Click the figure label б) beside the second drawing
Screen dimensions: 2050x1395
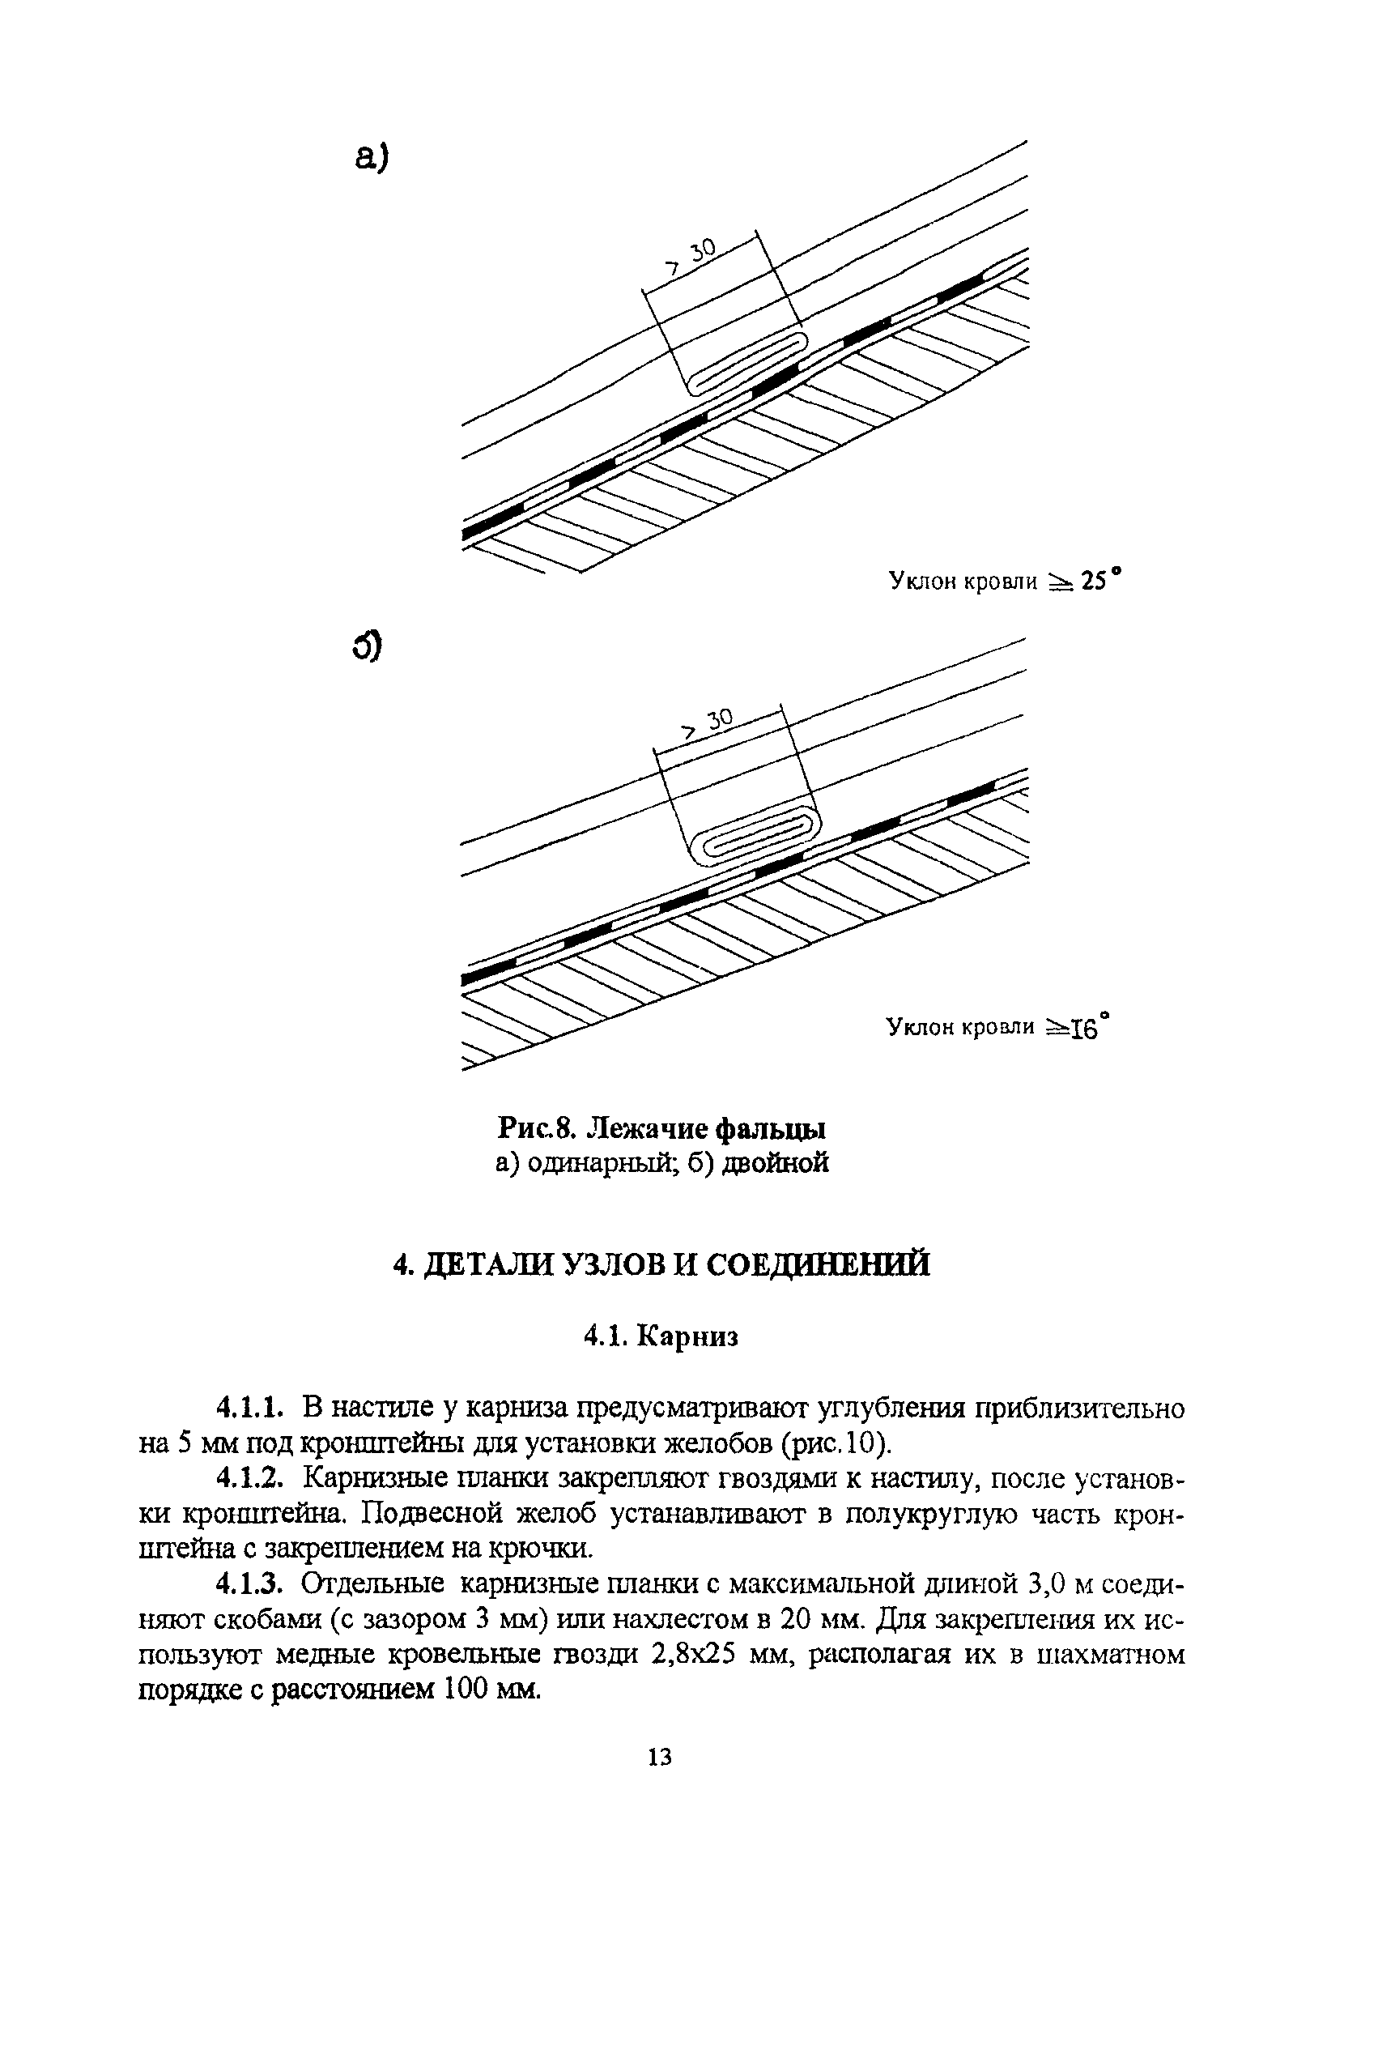[367, 646]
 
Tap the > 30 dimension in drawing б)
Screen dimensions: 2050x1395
[710, 724]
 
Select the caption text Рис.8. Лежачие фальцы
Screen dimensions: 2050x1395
[662, 1128]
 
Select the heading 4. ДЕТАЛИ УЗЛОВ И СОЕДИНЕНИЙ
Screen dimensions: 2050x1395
[661, 1264]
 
